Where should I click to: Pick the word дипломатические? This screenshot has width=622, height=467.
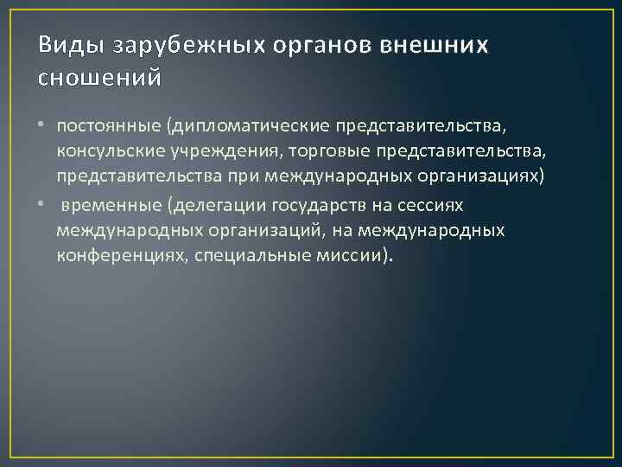pyautogui.click(x=244, y=127)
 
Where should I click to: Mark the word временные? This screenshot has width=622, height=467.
pyautogui.click(x=111, y=205)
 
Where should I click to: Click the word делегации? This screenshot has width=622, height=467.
pyautogui.click(x=215, y=205)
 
